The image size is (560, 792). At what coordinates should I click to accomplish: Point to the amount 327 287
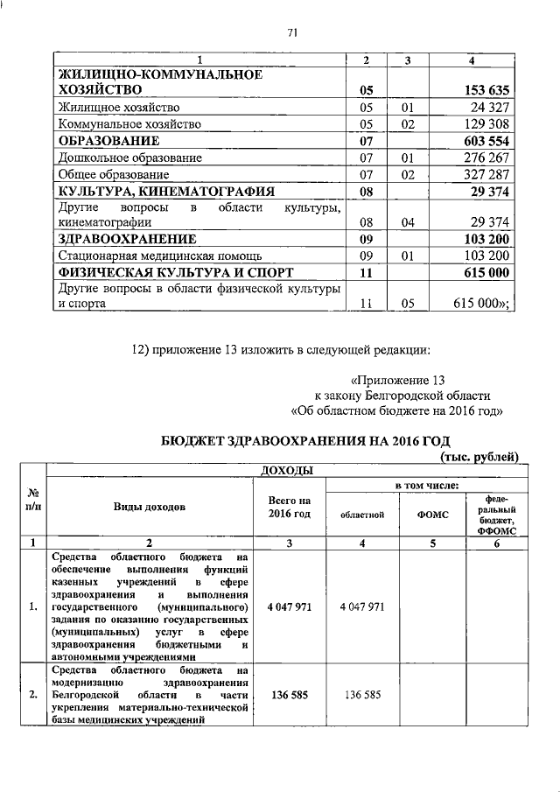484,175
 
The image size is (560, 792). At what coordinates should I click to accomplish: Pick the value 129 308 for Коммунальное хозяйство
484,124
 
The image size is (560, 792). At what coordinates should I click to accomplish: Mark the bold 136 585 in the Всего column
289,695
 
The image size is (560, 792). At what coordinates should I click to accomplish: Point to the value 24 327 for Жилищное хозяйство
487,107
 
